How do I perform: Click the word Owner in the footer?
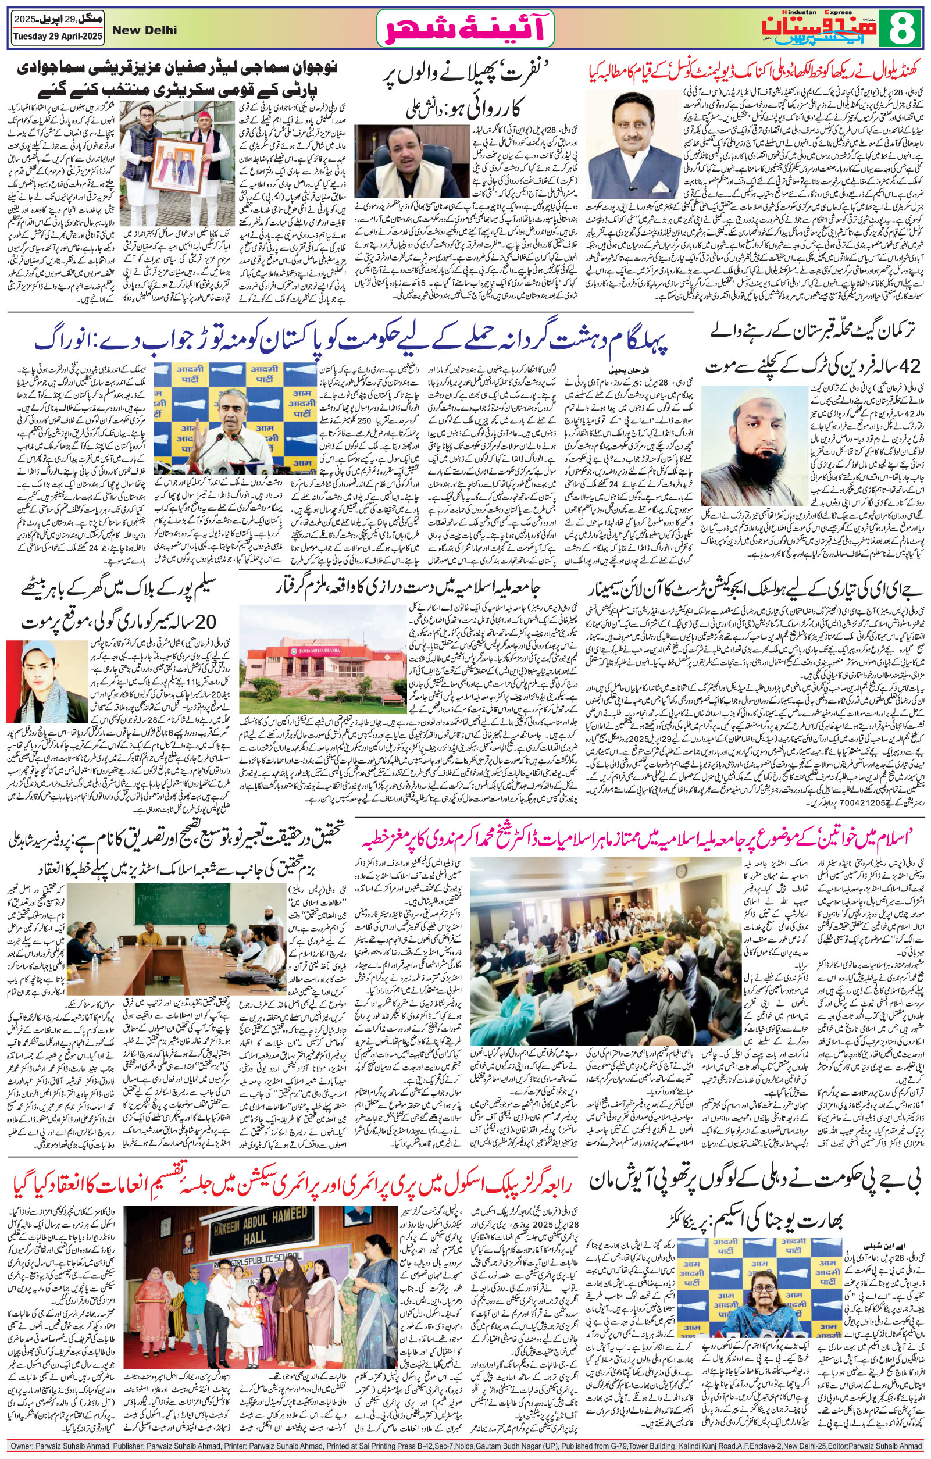point(23,1450)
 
